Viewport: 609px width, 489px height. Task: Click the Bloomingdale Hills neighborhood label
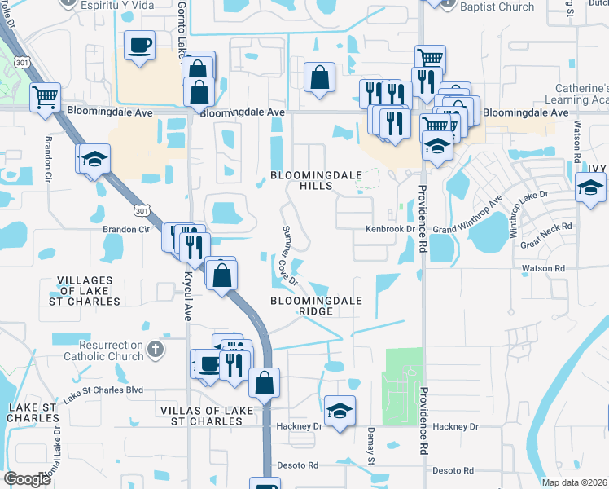tap(301, 180)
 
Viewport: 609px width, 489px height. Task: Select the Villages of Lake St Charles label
tap(89, 291)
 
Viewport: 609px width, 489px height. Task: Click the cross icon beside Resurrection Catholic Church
tap(155, 350)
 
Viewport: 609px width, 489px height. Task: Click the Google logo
tap(27, 478)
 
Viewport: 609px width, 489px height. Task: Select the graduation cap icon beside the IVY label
tap(589, 188)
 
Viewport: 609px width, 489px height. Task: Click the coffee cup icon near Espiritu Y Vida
tap(140, 46)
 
